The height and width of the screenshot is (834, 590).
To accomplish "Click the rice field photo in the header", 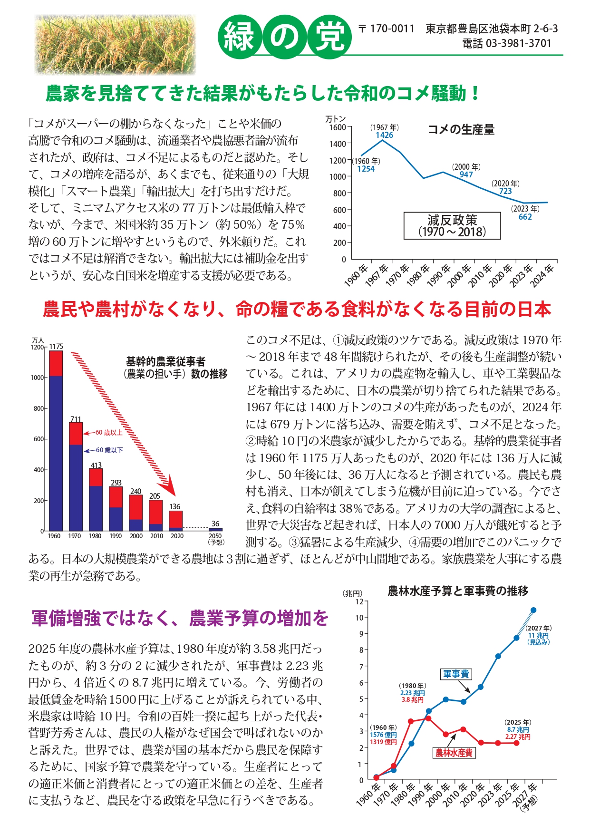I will pos(115,44).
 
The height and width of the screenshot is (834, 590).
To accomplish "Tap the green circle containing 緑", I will pos(240,37).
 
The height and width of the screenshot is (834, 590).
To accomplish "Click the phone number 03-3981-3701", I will pos(518,44).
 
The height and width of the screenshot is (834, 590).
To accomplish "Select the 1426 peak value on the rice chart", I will pos(384,135).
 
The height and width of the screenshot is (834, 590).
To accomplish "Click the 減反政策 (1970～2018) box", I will pos(452,226).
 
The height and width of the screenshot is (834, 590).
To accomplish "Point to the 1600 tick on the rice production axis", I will pos(339,127).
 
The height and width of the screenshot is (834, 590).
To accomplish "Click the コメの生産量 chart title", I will pos(461,129).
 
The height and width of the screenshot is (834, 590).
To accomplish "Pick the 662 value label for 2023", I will pos(525,217).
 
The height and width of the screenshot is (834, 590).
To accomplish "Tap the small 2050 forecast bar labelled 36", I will pos(215,529).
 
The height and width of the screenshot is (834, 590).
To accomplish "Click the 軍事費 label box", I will pos(456,674).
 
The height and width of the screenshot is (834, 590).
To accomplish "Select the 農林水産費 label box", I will pos(455,753).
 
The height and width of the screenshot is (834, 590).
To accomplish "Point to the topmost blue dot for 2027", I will pos(533,610).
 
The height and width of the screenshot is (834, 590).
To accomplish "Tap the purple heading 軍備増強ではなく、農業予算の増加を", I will pos(180,618).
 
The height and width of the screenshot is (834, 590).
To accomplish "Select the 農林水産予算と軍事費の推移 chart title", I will pos(458,591).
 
